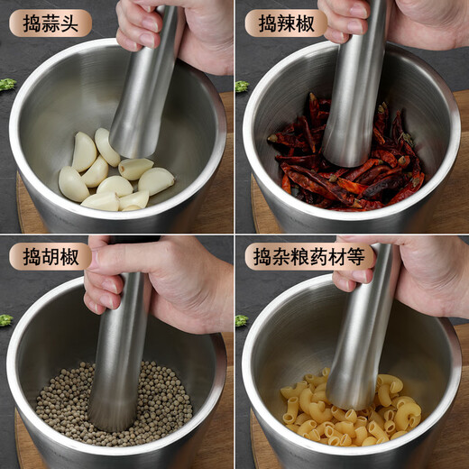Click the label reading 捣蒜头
[x=50, y=23]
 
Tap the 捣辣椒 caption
[x=286, y=23]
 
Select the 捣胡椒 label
[x=50, y=256]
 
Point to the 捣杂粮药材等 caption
[x=309, y=256]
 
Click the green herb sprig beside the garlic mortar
[x=7, y=85]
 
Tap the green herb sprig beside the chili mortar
[x=242, y=87]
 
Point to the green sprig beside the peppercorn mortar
[x=5, y=320]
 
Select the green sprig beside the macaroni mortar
[x=241, y=320]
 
